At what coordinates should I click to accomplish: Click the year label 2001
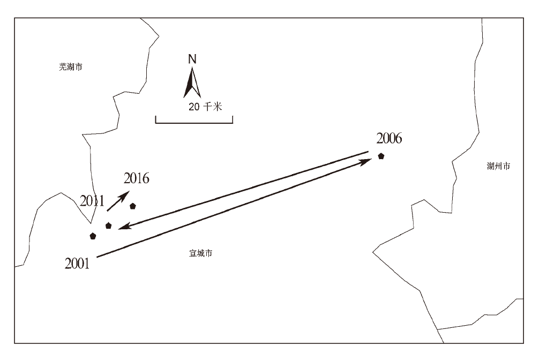[77, 263]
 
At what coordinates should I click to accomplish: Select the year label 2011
[92, 201]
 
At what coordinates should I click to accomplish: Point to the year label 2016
[136, 178]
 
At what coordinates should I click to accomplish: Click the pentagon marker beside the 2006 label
[381, 156]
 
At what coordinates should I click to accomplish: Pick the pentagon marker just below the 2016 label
[132, 206]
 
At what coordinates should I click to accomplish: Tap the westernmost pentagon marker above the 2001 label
[93, 236]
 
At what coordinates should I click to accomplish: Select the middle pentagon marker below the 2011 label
[109, 226]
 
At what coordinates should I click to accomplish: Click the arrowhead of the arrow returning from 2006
[123, 227]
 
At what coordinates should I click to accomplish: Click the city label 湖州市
[498, 166]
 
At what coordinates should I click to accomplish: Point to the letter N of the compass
[192, 59]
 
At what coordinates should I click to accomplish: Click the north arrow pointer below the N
[192, 83]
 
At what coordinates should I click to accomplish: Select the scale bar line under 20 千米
[194, 123]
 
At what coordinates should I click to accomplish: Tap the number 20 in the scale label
[194, 107]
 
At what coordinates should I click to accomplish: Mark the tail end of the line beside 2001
[98, 257]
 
